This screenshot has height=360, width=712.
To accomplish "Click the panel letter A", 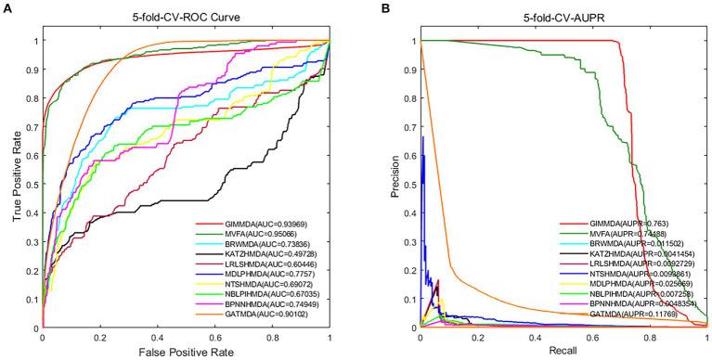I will (6, 7).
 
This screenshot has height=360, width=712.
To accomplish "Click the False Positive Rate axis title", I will (187, 351).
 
